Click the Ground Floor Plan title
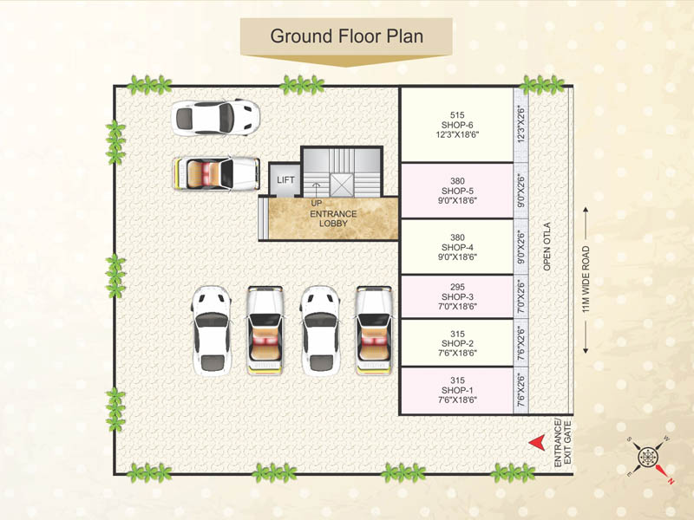pos(347,36)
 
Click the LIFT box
pos(285,179)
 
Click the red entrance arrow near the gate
pos(538,442)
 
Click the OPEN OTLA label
pos(547,248)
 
